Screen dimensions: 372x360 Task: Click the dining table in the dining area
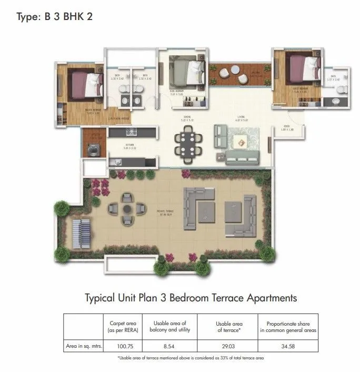[188, 142]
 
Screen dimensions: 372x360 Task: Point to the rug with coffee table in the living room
[240, 141]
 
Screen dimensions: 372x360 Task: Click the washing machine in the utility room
[93, 149]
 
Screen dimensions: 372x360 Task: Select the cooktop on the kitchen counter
[129, 131]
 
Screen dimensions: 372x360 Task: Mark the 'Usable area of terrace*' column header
[228, 327]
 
